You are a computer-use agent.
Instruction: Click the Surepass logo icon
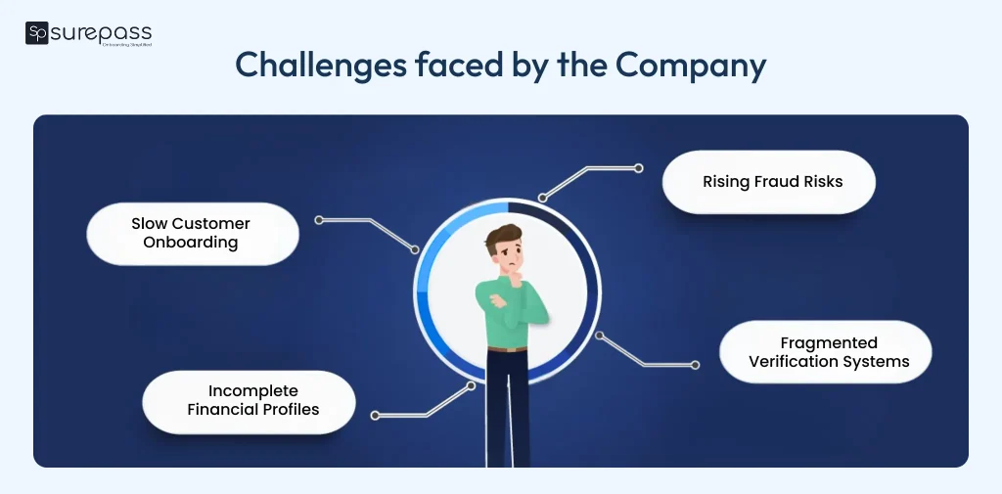click(37, 33)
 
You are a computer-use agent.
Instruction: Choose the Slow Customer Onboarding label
click(191, 233)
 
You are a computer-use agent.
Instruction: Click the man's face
click(508, 256)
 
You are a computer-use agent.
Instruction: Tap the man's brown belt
click(507, 347)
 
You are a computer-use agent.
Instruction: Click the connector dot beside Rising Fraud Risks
click(639, 168)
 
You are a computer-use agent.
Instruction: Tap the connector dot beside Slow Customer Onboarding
click(319, 220)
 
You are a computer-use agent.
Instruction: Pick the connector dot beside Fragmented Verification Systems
click(695, 365)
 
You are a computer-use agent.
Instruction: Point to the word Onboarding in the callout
click(191, 243)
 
